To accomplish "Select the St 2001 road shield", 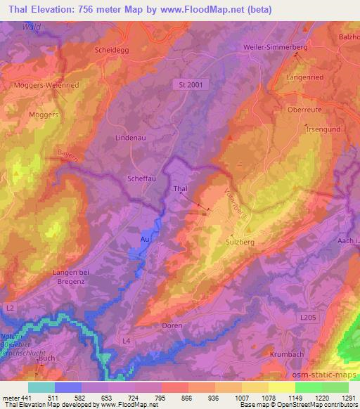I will tap(185, 84).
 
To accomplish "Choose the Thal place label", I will tap(180, 189).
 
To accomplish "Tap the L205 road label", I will tap(307, 319).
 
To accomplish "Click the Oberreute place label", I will tap(304, 110).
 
